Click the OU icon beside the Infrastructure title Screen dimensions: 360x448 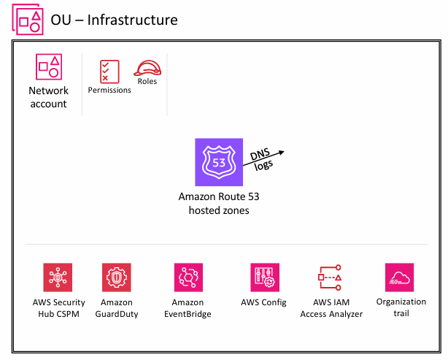click(x=26, y=20)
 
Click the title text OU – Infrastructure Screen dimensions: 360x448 click(x=114, y=20)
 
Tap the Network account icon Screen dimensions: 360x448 click(x=48, y=67)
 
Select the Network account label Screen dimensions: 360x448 click(x=48, y=97)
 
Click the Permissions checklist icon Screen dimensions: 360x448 click(x=109, y=71)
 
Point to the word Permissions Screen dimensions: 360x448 click(x=109, y=90)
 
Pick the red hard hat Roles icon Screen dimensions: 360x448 click(x=147, y=68)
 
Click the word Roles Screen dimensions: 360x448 click(x=147, y=81)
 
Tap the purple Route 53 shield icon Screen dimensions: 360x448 click(x=217, y=162)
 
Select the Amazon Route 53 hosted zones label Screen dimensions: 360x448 click(x=218, y=203)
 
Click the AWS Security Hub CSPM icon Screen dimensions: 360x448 click(x=58, y=277)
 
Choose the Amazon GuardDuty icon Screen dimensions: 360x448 click(x=116, y=277)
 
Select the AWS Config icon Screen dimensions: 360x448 click(x=263, y=277)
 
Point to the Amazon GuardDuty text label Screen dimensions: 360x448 click(x=116, y=308)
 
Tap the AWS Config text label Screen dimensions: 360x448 click(x=263, y=302)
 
